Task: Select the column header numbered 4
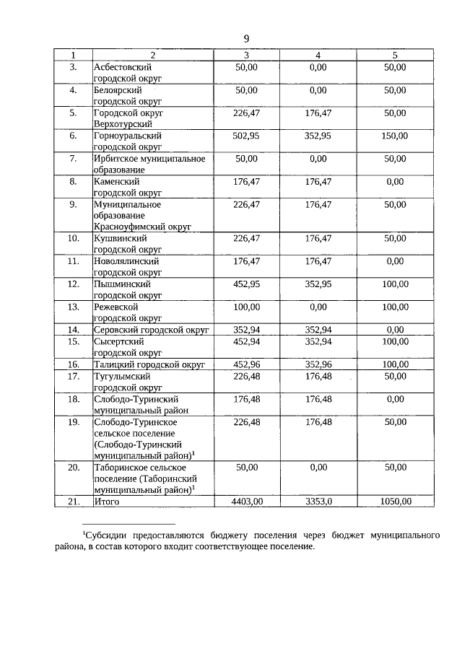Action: [318, 55]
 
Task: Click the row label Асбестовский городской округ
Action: [127, 71]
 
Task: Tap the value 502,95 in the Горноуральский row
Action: [246, 136]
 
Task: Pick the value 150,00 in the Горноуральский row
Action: [395, 136]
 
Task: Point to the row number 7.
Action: [73, 158]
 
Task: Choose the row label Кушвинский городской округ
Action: [127, 242]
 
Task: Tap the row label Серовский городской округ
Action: [151, 330]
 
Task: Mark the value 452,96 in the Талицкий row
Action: [246, 364]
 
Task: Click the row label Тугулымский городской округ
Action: [127, 381]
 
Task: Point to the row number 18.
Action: [73, 398]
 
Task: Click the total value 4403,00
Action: [245, 501]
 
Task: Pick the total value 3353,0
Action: [318, 501]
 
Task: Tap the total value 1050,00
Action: [395, 501]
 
